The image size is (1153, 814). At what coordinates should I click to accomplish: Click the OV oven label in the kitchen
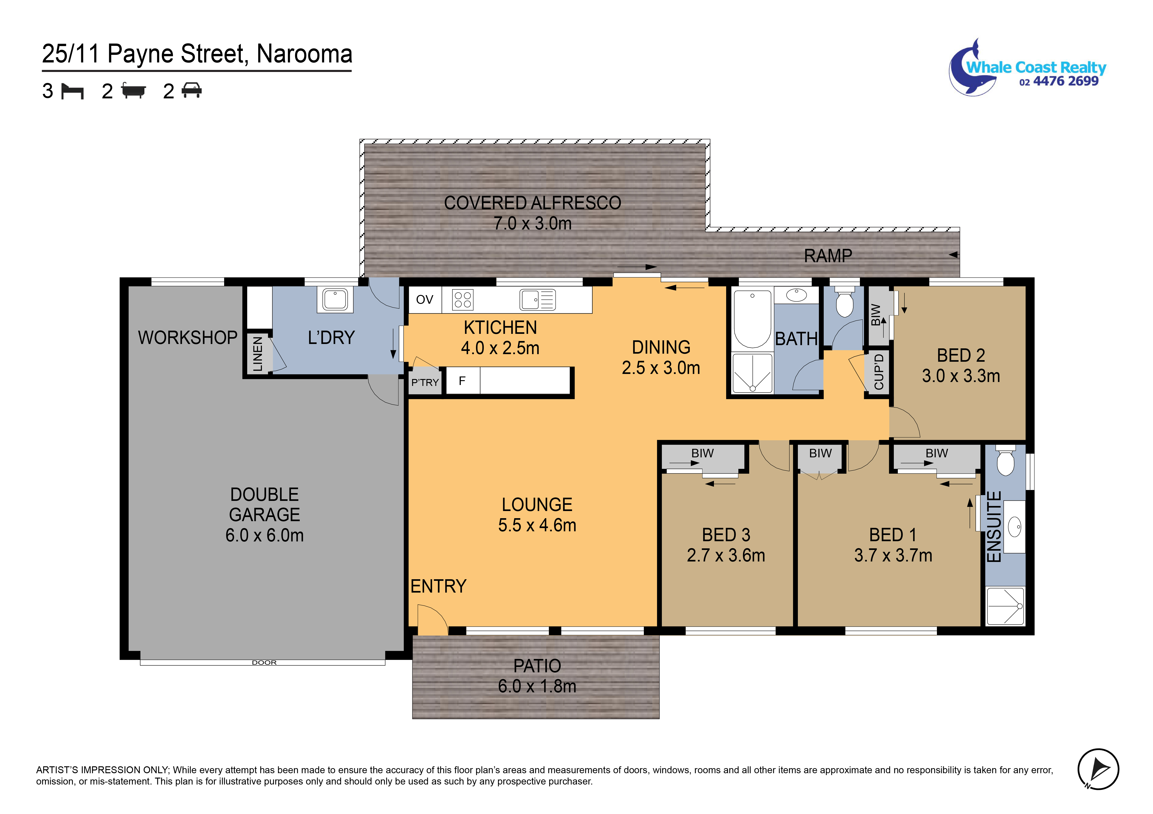click(424, 300)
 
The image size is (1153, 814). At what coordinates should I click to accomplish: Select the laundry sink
click(335, 300)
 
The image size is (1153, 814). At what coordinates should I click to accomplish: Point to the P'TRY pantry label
click(425, 382)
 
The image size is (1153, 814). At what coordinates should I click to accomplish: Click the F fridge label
click(462, 381)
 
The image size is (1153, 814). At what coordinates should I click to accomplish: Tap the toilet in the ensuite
click(1005, 460)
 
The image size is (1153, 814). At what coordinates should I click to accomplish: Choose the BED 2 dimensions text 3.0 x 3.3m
click(961, 376)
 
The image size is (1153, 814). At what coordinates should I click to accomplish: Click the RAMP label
click(828, 256)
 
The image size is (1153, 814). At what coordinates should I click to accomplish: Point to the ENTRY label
click(438, 586)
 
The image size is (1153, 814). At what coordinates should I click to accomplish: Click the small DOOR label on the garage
click(264, 662)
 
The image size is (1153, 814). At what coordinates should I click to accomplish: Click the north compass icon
click(1098, 769)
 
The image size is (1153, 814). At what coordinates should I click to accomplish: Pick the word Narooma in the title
click(304, 54)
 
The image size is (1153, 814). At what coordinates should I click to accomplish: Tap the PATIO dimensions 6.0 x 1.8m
click(537, 686)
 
